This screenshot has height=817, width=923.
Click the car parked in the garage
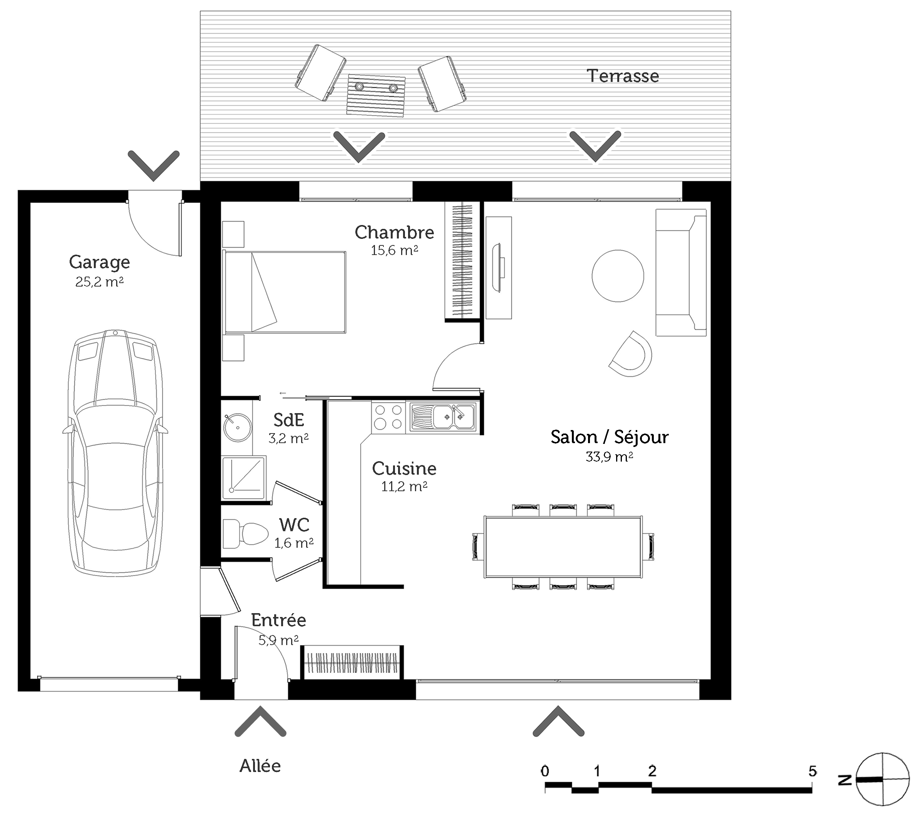pyautogui.click(x=115, y=452)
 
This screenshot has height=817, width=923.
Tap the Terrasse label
pyautogui.click(x=623, y=76)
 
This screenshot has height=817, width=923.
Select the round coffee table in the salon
pyautogui.click(x=618, y=275)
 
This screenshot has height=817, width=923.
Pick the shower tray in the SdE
pyautogui.click(x=243, y=477)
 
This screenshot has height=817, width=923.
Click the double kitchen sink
pyautogui.click(x=443, y=417)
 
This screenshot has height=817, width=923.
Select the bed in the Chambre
pyautogui.click(x=285, y=292)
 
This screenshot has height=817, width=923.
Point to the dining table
pyautogui.click(x=563, y=547)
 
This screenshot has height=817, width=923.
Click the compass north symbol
pyautogui.click(x=882, y=779)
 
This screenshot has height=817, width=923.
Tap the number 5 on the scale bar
pyautogui.click(x=812, y=771)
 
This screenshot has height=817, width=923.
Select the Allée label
pyautogui.click(x=260, y=765)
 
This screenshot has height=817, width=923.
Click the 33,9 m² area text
pyautogui.click(x=609, y=457)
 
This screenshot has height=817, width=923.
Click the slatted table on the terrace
pyautogui.click(x=376, y=96)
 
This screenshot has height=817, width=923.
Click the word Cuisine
pyautogui.click(x=404, y=469)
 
